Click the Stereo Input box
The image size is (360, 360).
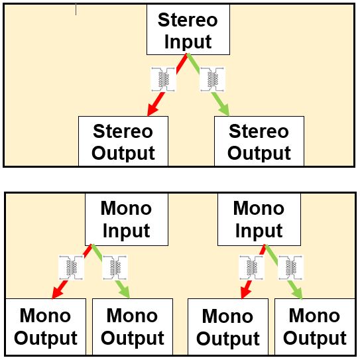[188, 30]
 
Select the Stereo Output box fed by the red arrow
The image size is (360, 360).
[123, 141]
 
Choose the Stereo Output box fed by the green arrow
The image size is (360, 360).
[259, 141]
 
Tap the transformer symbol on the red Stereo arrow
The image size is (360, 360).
[164, 80]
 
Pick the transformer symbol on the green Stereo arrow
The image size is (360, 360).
[212, 80]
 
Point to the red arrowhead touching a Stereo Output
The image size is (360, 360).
[152, 109]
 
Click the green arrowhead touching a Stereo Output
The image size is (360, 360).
[223, 109]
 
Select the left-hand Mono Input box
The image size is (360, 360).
[127, 219]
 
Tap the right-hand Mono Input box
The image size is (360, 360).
[259, 219]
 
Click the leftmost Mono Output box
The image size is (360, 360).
[46, 327]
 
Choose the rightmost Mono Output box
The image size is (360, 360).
[315, 327]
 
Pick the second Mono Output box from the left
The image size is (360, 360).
[133, 327]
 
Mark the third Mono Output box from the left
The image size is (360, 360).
[228, 327]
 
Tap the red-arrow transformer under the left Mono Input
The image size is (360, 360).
[71, 267]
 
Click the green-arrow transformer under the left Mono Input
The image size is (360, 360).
[115, 267]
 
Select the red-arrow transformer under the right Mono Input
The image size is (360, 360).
[252, 267]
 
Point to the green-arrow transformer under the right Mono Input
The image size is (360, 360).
[290, 267]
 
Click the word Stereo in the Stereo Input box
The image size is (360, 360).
[188, 20]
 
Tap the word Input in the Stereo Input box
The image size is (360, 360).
[188, 42]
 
